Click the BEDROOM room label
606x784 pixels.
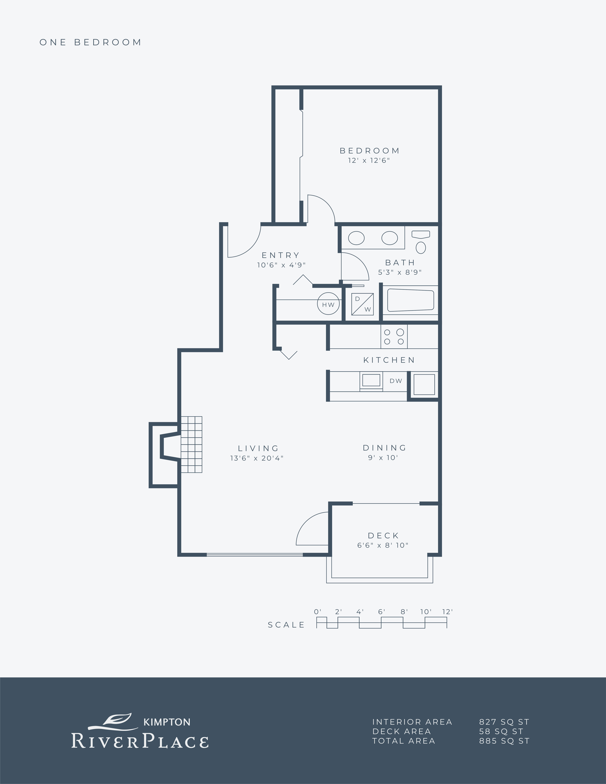pos(369,151)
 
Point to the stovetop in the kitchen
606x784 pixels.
pos(394,336)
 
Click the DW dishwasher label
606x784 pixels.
pos(396,381)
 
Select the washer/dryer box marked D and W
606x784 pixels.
pos(362,304)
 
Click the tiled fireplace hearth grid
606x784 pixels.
pos(191,444)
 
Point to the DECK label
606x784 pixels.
pos(383,536)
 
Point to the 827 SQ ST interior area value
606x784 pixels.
pos(504,722)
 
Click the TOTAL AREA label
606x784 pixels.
pos(403,741)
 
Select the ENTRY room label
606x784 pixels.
pos(281,255)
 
